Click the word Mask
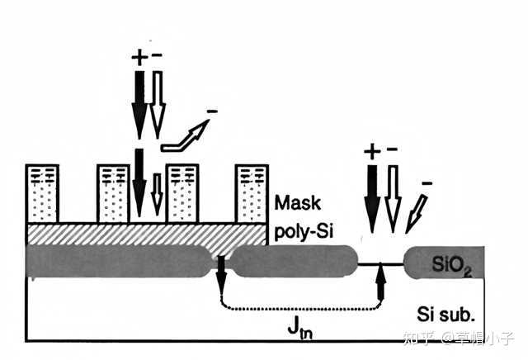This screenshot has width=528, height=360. coord(298,203)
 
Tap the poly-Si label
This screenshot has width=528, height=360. coord(304,231)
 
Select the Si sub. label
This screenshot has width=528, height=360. coord(445,314)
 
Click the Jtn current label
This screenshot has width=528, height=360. coord(300,328)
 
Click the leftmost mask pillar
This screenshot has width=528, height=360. coord(42,194)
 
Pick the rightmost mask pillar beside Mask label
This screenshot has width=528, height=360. coord(252,194)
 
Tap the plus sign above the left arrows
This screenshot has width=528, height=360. coord(139,58)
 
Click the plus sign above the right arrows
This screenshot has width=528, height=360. coord(372,151)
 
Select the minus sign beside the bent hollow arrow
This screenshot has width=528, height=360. coord(212,111)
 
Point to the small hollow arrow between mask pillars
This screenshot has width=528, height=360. coord(158,195)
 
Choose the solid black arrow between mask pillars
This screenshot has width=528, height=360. coord(139,183)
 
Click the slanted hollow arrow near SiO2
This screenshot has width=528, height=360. coord(417,214)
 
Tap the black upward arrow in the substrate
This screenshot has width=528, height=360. coord(380,281)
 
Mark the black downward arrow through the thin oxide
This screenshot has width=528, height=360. coord(221,274)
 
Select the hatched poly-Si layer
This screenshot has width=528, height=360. coord(147,234)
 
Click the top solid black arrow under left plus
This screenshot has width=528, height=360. coord(139,105)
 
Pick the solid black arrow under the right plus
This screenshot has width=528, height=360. coord(372,199)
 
